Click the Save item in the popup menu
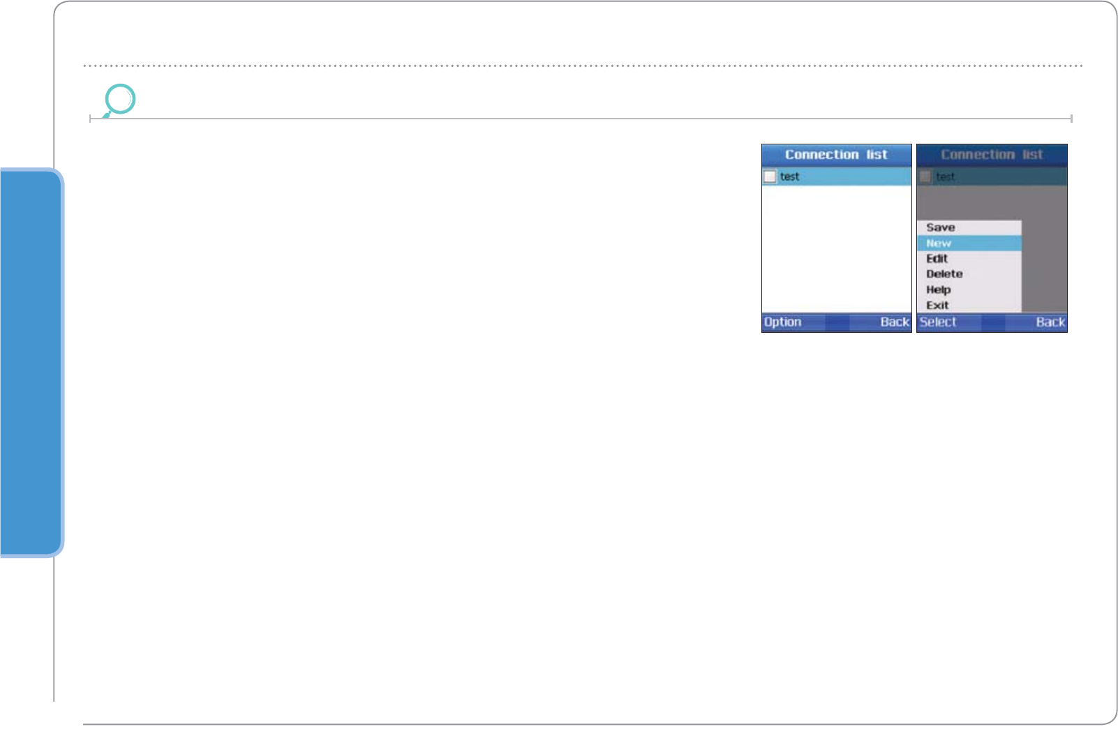click(940, 227)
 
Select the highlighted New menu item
click(939, 243)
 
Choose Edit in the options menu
click(937, 259)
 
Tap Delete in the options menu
click(944, 274)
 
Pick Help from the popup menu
click(938, 290)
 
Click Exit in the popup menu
click(937, 305)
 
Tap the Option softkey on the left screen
click(782, 322)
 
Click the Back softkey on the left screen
click(894, 322)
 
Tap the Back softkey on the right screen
click(1050, 322)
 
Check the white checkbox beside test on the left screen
click(770, 177)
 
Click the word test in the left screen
click(789, 177)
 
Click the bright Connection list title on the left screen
click(836, 155)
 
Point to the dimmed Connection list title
click(992, 155)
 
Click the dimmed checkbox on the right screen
click(925, 177)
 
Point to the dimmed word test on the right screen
click(945, 177)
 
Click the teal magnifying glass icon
click(119, 100)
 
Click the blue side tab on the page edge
click(31, 363)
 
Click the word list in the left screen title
click(877, 155)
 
